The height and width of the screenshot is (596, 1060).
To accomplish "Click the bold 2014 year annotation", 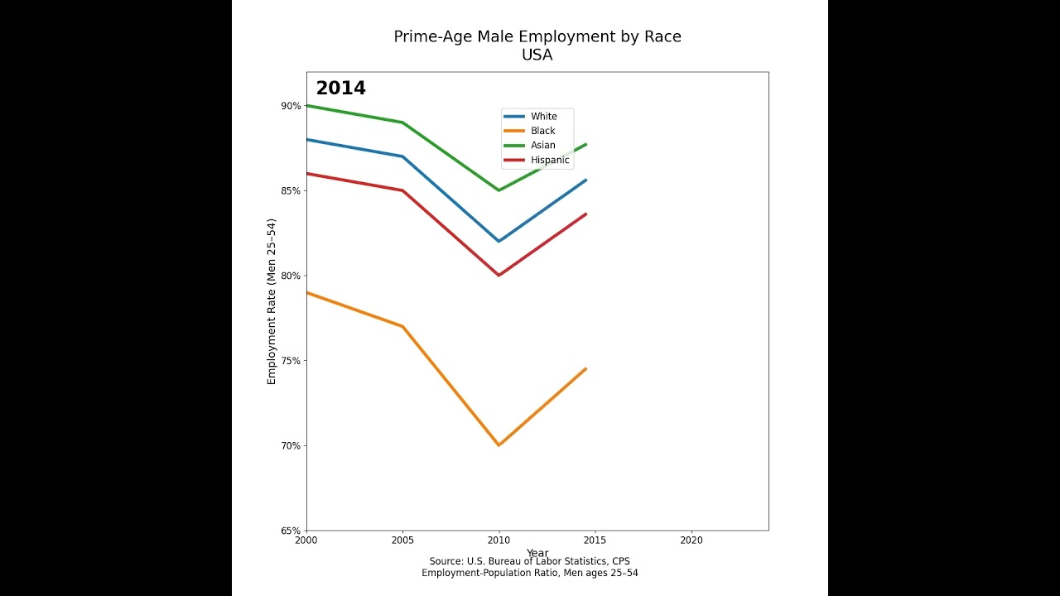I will click(340, 89).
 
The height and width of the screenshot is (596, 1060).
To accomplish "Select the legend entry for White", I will click(543, 117).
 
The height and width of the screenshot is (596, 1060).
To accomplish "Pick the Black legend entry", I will click(542, 131).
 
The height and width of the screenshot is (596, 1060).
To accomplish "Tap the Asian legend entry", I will click(542, 146).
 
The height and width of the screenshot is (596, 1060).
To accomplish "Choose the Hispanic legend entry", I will click(550, 160).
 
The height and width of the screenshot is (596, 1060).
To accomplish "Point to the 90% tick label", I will click(291, 106).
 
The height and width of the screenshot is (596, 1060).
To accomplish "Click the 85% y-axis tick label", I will click(291, 190).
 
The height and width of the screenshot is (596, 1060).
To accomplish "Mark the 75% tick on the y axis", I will click(291, 361).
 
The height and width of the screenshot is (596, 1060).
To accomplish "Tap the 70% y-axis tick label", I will click(291, 445).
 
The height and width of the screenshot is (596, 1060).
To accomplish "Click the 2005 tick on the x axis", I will click(402, 541).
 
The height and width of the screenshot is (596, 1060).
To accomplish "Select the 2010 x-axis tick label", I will click(499, 541).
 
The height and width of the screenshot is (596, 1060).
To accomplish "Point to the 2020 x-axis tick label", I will click(691, 541).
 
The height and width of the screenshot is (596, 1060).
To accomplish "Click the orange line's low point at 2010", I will click(499, 445).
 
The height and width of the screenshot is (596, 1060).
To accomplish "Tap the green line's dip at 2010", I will click(499, 190).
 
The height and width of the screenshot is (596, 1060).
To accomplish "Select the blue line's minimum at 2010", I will click(499, 241).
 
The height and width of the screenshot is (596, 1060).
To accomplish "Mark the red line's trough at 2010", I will click(499, 275).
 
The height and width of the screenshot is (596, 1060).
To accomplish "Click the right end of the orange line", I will click(585, 369).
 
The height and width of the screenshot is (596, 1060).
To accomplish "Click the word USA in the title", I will click(537, 55).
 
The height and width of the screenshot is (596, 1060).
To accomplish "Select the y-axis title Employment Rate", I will click(272, 301).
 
